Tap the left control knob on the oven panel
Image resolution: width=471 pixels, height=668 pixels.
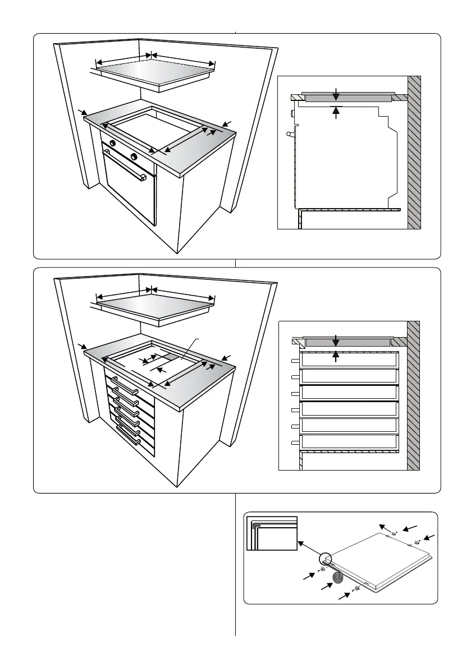coord(112,144)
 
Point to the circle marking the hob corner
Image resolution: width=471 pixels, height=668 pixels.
coord(325,559)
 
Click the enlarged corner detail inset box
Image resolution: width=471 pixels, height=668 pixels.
coord(272,534)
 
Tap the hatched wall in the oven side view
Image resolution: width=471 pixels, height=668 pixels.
coord(414,151)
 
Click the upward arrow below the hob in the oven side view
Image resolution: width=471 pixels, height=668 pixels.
coord(336,113)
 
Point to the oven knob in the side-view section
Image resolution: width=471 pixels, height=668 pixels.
coord(293,114)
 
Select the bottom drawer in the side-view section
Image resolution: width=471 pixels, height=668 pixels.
coord(349,443)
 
